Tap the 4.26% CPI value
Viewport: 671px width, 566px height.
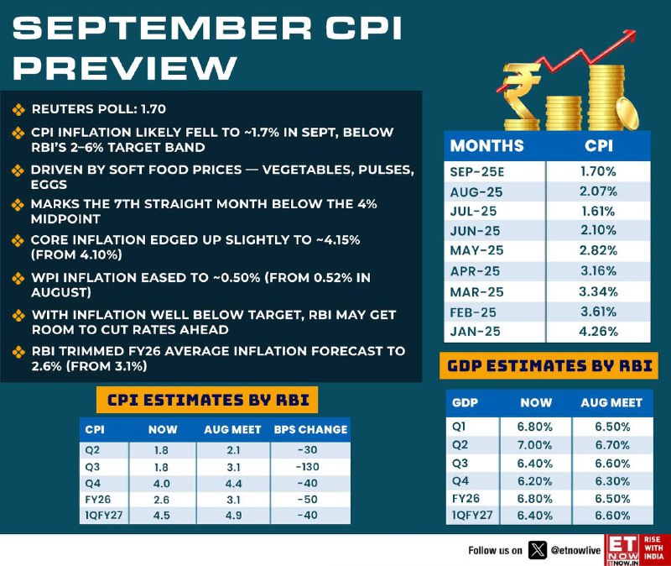point(598,331)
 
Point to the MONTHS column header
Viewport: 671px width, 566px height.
point(487,146)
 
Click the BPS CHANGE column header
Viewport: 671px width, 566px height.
point(310,429)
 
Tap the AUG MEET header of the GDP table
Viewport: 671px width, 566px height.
point(611,403)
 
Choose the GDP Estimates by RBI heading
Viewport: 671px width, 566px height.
point(551,367)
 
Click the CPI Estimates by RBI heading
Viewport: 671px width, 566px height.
point(206,400)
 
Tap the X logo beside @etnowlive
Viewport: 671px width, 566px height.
point(538,550)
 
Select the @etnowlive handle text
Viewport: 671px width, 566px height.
point(577,551)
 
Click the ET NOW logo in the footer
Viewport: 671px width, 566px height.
point(622,549)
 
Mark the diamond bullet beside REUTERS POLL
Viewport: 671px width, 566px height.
point(18,109)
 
